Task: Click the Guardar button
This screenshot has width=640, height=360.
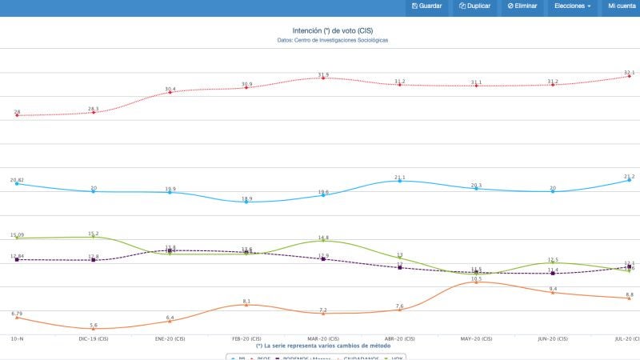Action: click(426, 6)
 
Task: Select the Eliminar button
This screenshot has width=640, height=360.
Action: click(522, 6)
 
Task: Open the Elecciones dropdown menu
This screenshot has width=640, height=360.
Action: click(572, 6)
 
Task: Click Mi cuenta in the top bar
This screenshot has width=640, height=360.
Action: click(622, 6)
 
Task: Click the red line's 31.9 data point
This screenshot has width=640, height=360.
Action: click(323, 78)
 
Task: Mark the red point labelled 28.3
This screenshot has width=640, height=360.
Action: click(94, 112)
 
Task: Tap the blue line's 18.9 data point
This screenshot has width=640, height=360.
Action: click(246, 202)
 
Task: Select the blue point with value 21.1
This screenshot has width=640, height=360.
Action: click(399, 181)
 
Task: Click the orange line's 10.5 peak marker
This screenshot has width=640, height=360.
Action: click(476, 282)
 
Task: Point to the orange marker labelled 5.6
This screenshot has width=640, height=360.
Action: click(94, 329)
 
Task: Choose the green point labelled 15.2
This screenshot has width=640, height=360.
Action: click(94, 237)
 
